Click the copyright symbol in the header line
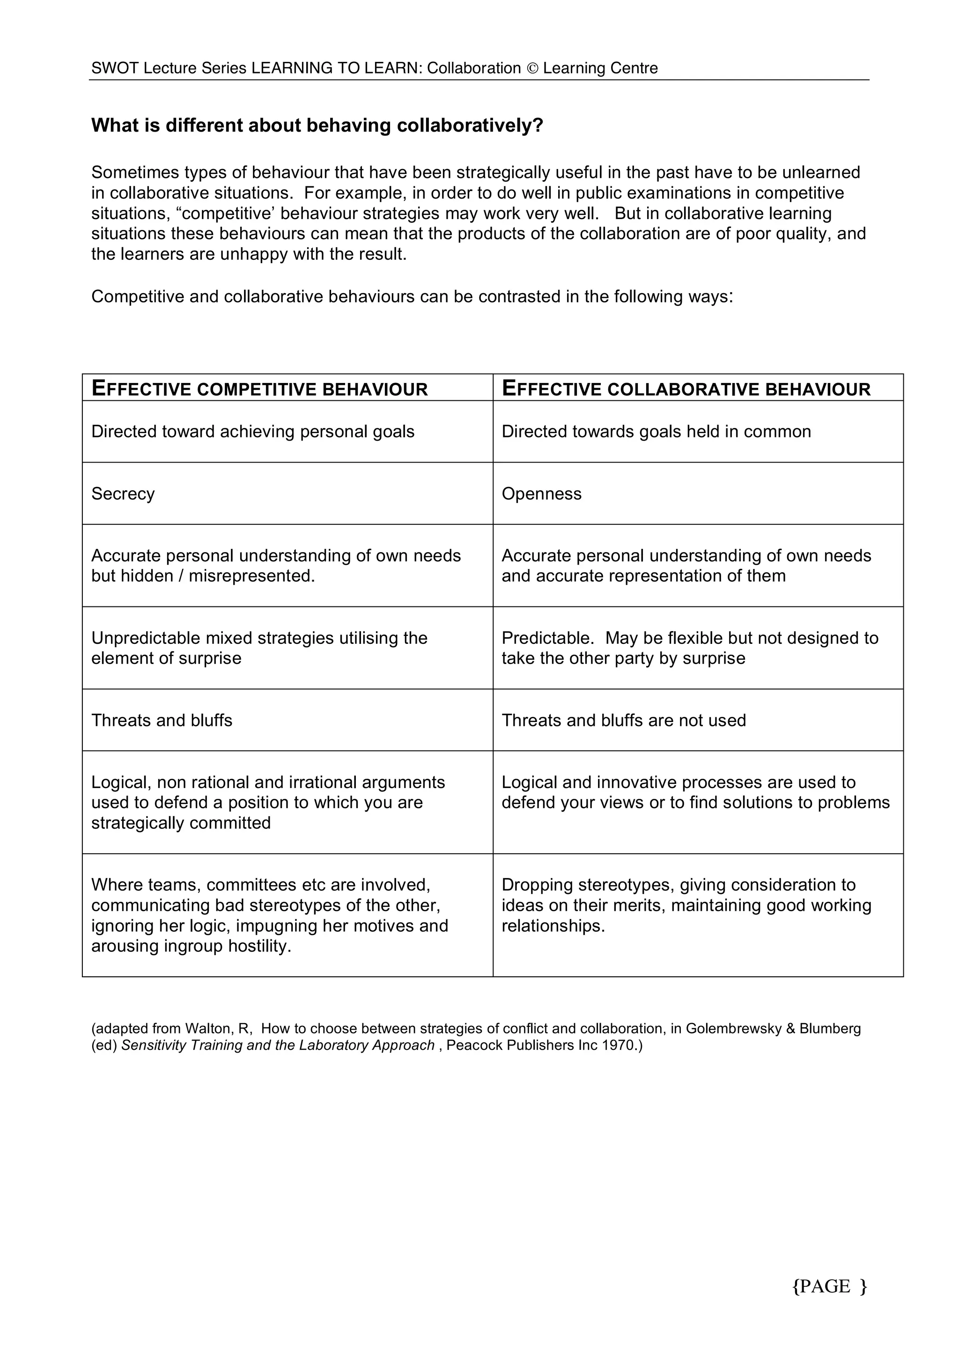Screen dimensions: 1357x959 532,68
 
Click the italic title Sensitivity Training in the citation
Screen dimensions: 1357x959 182,1045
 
